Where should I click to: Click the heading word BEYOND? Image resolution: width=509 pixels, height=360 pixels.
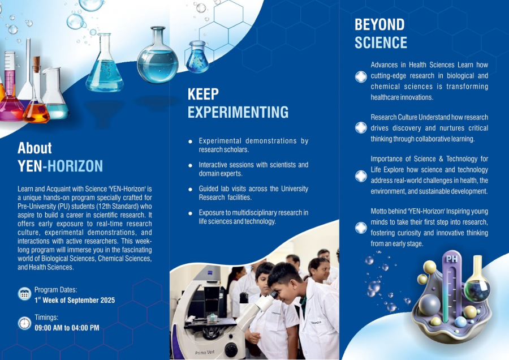coord(379,25)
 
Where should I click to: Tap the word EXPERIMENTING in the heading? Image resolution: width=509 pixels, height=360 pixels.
coord(238,112)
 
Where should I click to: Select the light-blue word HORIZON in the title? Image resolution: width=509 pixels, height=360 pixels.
coord(75,166)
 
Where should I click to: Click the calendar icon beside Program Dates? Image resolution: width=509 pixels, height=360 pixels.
coord(24,294)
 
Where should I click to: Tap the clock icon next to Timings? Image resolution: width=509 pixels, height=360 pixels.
coord(24,323)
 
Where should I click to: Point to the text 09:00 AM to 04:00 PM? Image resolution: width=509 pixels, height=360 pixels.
coord(67,328)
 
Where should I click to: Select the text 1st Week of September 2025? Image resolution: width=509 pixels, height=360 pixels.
coord(75,300)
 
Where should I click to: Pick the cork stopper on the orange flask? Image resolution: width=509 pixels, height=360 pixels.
coord(37,65)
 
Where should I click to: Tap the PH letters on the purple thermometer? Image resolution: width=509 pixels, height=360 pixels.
coord(451,259)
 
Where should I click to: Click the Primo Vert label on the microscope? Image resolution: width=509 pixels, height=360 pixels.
coord(205,352)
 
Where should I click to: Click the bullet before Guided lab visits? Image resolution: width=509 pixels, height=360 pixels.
coord(190,190)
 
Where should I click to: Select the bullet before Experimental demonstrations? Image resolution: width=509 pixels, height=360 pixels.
coord(190,142)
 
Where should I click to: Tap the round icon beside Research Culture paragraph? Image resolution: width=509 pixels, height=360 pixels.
coord(361,128)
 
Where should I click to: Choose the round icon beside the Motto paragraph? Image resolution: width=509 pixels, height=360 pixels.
coord(361,228)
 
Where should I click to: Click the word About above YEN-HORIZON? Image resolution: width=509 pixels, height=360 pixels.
coord(34,148)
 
